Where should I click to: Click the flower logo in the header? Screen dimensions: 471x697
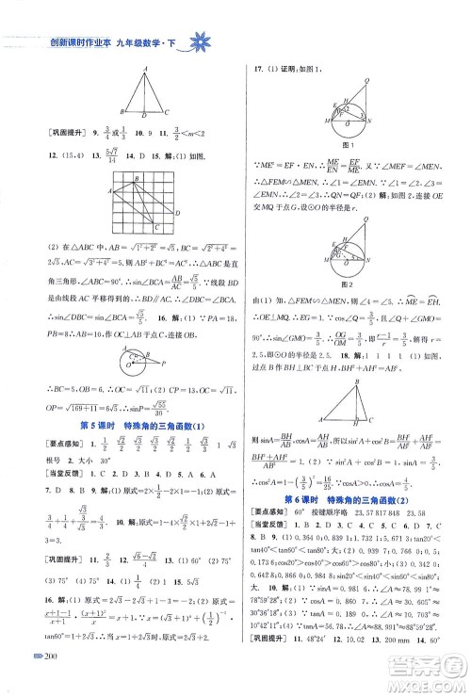click(x=201, y=41)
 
